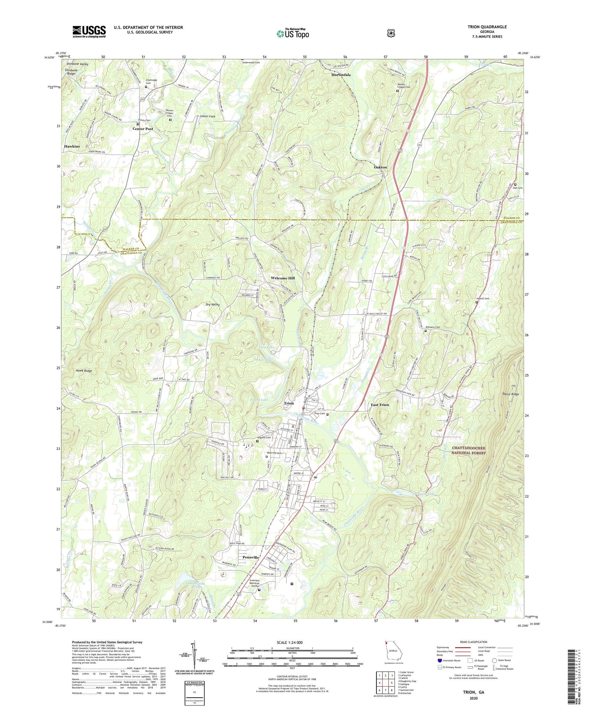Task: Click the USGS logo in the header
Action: [x=89, y=31]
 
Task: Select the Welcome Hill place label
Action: [x=282, y=278]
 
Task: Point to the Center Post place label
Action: [x=142, y=129]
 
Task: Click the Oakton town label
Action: [x=380, y=167]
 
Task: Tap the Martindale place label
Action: [x=341, y=75]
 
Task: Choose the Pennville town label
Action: [x=251, y=558]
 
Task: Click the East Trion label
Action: [x=380, y=405]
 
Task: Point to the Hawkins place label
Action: [x=72, y=146]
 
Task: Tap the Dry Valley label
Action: [x=212, y=304]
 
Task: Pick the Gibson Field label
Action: [x=207, y=116]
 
